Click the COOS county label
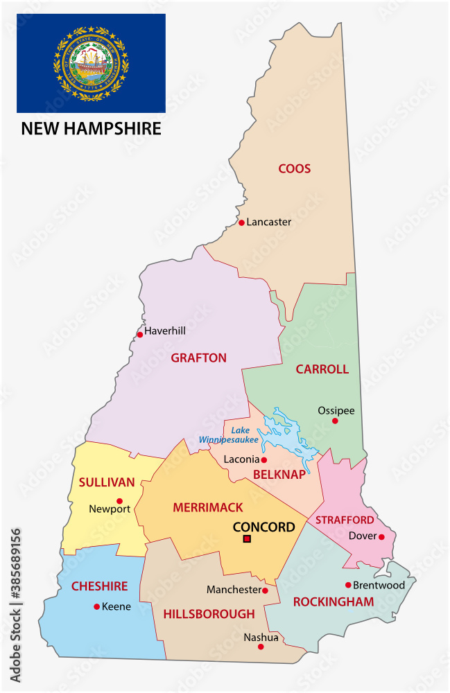coord(294,168)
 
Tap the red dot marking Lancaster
coord(241,222)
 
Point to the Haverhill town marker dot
coord(139,334)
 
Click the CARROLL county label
coord(322,369)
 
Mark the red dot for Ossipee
coord(335,421)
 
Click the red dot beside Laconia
coord(263,459)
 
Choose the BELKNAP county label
coord(279,475)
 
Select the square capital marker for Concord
coord(247,539)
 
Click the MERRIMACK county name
coord(208,508)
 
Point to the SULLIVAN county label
coord(106,482)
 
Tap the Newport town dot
coord(119,501)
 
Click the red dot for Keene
coord(96,606)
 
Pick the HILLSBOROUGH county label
coord(209,614)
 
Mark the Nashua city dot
coord(261,647)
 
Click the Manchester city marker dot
coord(265,590)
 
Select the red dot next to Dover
coord(381,536)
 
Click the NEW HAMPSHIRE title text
coord(91,128)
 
